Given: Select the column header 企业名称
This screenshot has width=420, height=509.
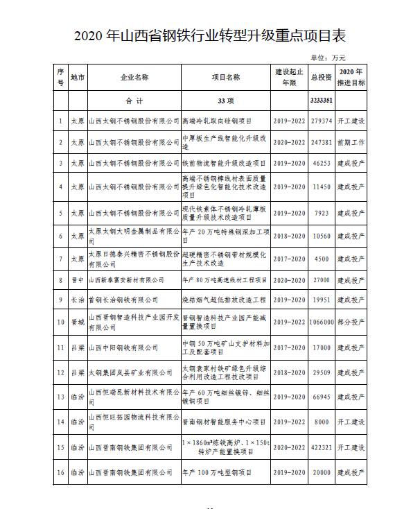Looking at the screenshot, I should click(x=134, y=77).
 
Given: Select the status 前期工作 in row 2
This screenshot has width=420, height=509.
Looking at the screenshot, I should click(x=351, y=142).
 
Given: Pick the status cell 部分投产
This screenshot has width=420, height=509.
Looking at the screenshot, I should click(x=351, y=322).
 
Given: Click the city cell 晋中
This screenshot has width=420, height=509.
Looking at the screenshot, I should click(x=78, y=279).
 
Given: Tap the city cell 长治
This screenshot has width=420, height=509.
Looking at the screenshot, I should click(x=78, y=301).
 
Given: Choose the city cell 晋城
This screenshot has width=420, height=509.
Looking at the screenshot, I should click(x=78, y=322).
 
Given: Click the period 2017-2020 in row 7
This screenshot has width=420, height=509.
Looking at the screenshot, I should click(x=288, y=259).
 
